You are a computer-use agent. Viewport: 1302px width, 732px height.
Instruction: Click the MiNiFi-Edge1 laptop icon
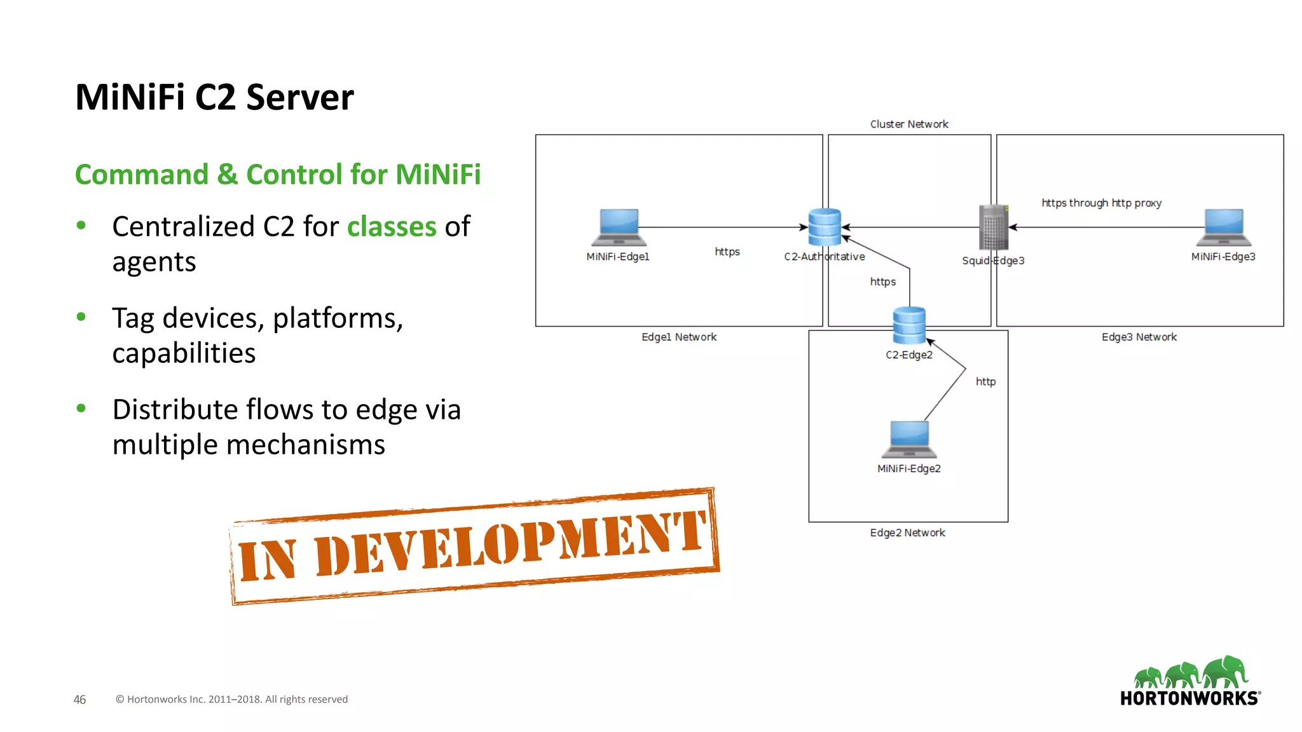click(x=619, y=227)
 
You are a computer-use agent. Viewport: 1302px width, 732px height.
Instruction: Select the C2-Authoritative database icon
click(x=825, y=227)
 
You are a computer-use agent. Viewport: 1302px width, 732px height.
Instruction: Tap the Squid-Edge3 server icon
click(x=994, y=227)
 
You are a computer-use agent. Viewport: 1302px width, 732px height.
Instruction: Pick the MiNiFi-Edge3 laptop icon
click(x=1224, y=227)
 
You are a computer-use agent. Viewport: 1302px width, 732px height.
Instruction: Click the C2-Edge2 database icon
click(x=909, y=325)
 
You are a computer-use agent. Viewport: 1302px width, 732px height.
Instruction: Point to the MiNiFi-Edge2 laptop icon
click(x=909, y=439)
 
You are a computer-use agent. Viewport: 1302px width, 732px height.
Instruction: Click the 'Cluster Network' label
click(x=909, y=124)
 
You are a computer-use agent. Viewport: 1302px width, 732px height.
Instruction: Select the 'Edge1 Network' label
click(x=678, y=337)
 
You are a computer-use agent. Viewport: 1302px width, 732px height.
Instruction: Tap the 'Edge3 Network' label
click(x=1139, y=337)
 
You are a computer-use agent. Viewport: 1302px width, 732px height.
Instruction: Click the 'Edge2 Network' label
click(x=907, y=532)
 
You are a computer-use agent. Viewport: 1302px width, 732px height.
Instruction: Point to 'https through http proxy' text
click(x=1101, y=203)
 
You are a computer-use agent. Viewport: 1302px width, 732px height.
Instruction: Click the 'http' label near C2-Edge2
click(x=985, y=381)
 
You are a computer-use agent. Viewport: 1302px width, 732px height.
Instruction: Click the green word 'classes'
click(x=392, y=227)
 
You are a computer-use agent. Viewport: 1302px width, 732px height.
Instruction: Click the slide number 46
click(x=79, y=699)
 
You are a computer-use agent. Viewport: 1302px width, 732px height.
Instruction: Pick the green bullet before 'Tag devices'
click(x=81, y=316)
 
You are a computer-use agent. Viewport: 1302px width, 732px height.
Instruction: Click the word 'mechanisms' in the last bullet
click(x=305, y=444)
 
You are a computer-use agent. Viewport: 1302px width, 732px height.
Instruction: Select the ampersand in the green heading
click(x=227, y=175)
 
